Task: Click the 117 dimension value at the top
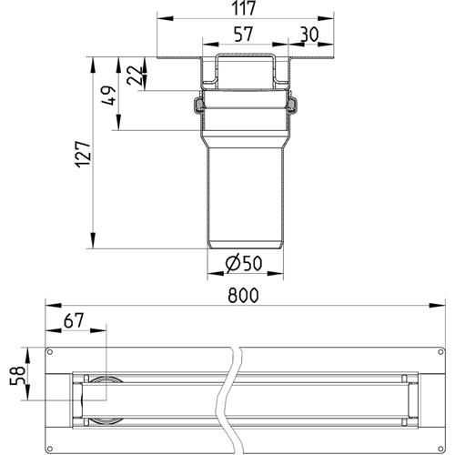pos(244,8)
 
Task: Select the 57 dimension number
pos(244,34)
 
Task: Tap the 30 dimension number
pos(309,35)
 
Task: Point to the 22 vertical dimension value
pos(135,76)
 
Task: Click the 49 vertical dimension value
pos(108,96)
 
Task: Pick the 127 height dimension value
pos(83,154)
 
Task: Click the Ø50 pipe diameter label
pos(244,263)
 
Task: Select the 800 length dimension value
pos(243,295)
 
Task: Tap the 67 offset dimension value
pos(74,320)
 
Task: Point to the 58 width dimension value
pos(17,376)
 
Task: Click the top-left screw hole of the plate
pos(50,352)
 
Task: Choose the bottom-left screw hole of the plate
pos(50,449)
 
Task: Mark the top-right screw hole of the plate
pos(440,352)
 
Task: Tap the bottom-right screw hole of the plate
pos(440,449)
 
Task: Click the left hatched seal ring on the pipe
pos(197,105)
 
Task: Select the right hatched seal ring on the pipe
pos(292,105)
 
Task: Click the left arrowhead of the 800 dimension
pos(54,305)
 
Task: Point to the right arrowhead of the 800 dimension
pos(437,305)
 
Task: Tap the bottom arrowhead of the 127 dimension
pos(93,240)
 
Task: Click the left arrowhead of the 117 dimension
pos(166,19)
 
